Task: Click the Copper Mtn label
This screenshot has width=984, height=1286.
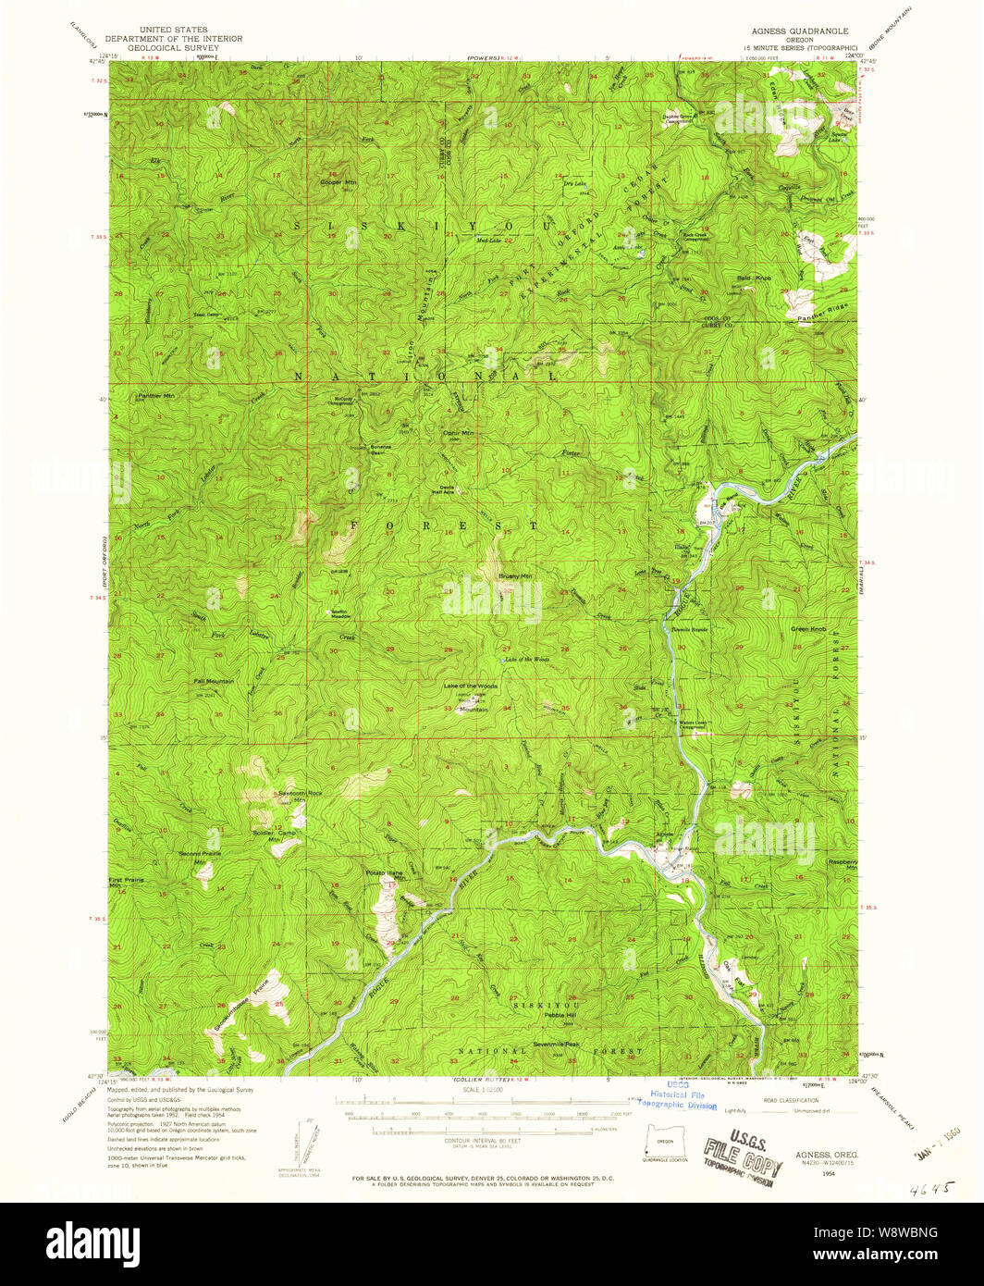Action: [x=338, y=182]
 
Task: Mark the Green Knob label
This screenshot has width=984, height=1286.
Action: [x=808, y=629]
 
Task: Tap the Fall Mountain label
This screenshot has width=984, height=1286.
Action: [x=214, y=681]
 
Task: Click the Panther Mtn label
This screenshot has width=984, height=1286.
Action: [x=156, y=396]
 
